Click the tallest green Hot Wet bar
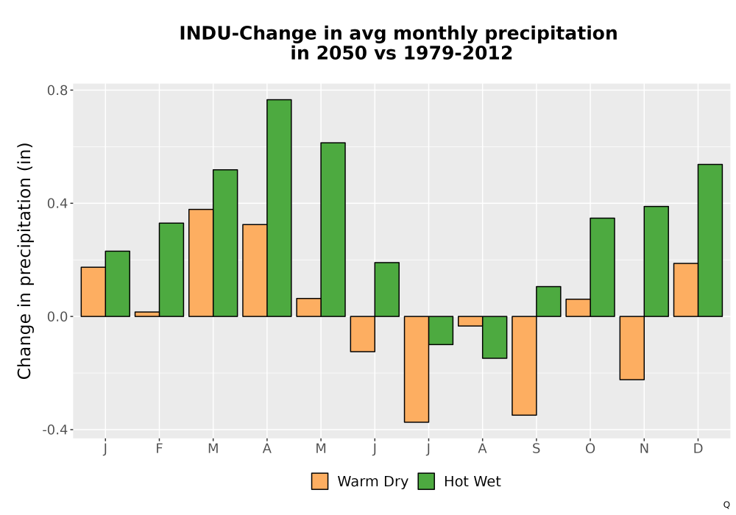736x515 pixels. point(279,207)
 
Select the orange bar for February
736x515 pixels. point(147,314)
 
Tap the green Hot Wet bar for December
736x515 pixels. point(710,240)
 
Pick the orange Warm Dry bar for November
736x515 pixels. point(631,348)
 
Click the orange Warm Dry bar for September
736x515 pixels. point(524,366)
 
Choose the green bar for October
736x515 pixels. point(602,267)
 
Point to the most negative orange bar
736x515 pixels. point(417,369)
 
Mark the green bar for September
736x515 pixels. point(549,302)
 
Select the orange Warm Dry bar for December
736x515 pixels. point(686,290)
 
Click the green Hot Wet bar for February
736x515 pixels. point(171,270)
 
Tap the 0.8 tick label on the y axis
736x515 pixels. point(57,90)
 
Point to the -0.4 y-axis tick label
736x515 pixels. point(55,430)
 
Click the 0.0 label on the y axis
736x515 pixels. point(57,316)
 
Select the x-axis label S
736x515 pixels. point(537,449)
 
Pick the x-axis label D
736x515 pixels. point(698,449)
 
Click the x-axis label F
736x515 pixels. point(159,449)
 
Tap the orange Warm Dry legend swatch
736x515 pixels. point(319,481)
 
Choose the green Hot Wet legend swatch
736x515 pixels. point(426,481)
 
